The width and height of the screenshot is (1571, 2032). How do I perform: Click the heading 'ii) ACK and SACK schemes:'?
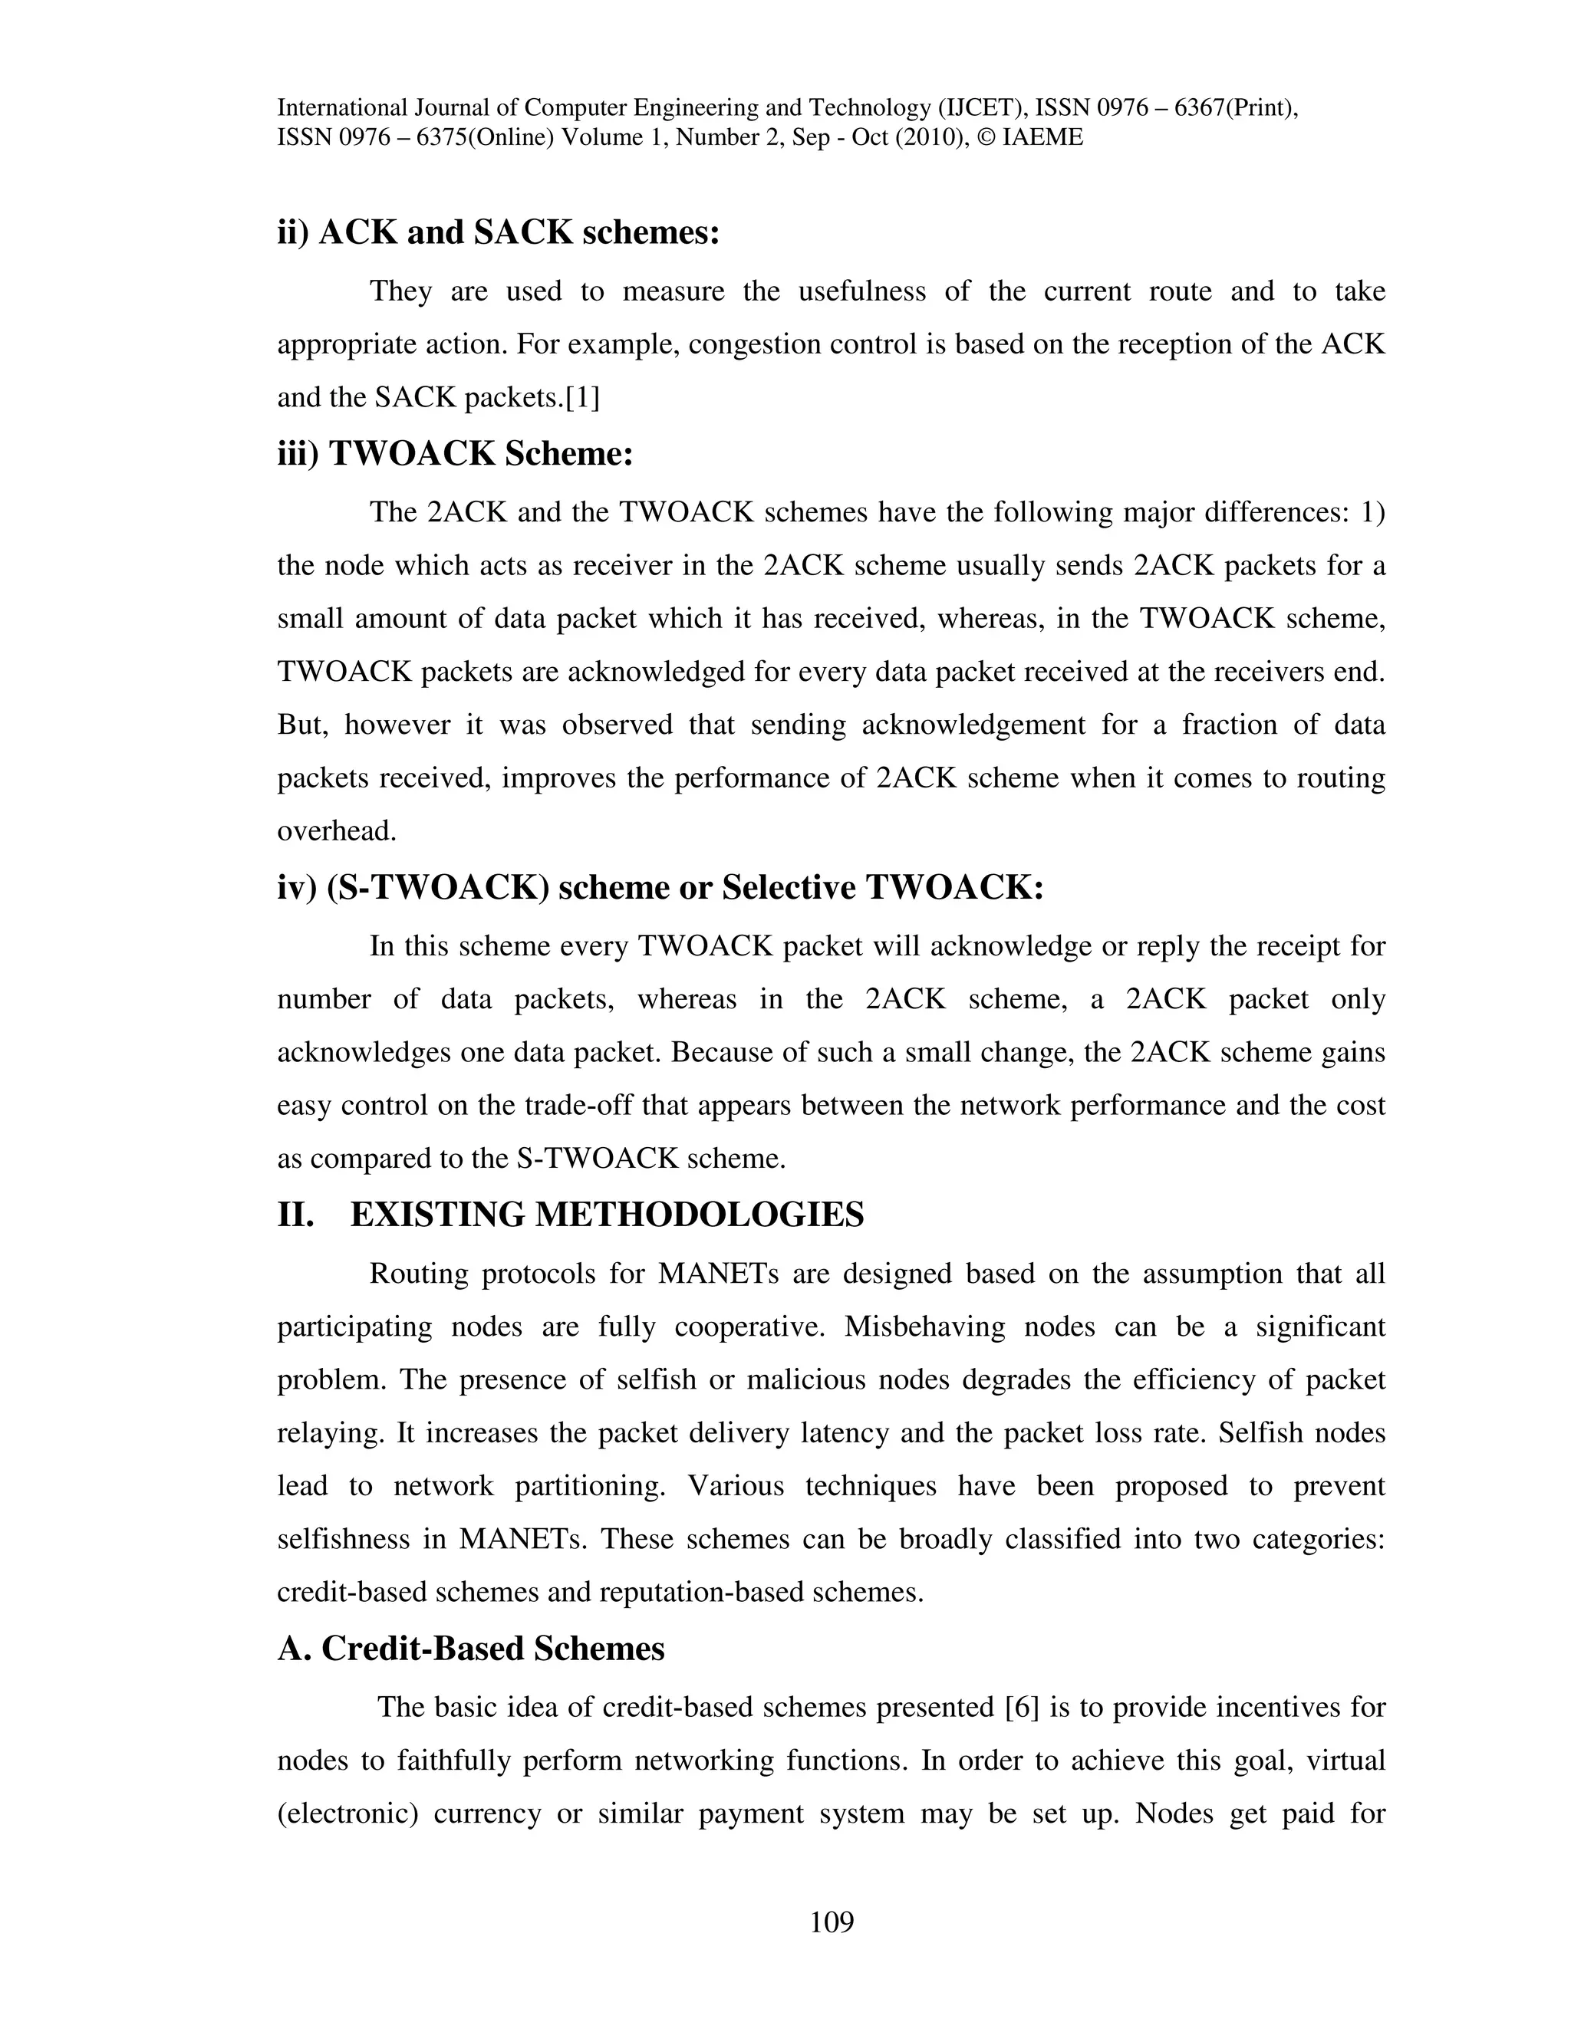pos(499,232)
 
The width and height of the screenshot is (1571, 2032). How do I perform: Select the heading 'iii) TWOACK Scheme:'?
pos(455,454)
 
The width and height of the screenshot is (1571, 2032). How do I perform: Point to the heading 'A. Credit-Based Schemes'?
pos(471,1649)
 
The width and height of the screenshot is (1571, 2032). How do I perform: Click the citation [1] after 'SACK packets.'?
pos(583,398)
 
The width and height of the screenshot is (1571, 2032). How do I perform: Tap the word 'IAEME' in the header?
pos(1042,138)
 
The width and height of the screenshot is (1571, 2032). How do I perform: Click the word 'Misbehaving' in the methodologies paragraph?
pos(925,1327)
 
